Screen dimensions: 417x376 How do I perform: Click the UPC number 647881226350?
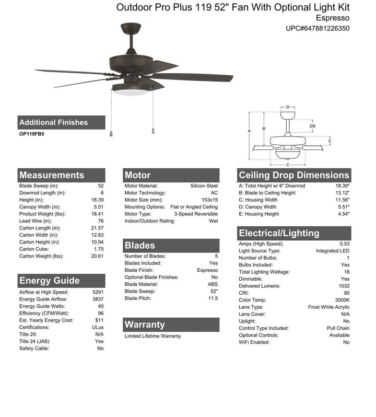pos(317,28)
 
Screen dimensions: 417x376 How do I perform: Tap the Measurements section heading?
pos(52,175)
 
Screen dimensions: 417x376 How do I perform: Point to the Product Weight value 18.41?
pos(98,214)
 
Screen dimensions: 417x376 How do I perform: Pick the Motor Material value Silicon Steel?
pos(204,186)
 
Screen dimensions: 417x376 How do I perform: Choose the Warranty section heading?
pos(145,325)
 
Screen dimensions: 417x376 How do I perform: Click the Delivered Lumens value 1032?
pos(343,286)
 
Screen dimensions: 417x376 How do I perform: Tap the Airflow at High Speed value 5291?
pos(98,292)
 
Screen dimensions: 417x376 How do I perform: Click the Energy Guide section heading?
pos(50,281)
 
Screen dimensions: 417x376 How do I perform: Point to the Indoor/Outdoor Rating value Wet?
pos(213,221)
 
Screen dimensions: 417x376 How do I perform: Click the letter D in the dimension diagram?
pos(288,108)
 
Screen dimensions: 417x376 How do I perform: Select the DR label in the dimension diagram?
pos(312,126)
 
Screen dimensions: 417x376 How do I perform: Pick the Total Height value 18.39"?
pos(342,186)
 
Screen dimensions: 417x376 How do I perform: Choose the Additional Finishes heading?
pos(53,122)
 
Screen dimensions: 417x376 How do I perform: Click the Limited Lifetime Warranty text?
pos(152,336)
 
